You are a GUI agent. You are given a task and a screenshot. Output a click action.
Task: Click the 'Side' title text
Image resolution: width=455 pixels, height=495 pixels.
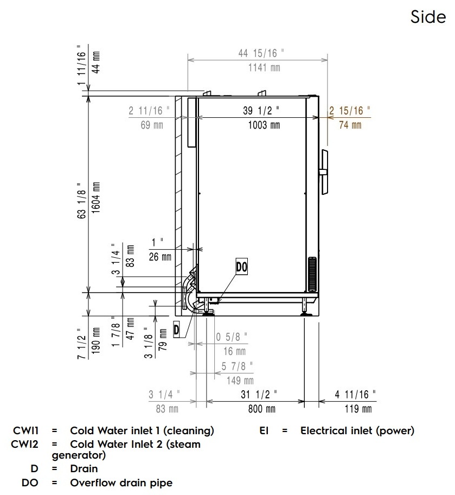(x=428, y=17)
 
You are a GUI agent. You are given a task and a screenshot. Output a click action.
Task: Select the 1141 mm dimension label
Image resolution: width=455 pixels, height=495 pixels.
(x=264, y=67)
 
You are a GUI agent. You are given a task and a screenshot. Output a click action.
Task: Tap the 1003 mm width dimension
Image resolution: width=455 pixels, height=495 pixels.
(x=264, y=125)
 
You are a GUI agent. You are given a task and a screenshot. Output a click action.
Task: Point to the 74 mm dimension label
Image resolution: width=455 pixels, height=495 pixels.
(x=350, y=125)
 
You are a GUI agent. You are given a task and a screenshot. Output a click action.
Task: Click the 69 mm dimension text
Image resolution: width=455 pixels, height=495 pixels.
(x=152, y=125)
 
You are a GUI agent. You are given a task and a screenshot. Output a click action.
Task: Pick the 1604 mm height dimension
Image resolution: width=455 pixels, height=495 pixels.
(x=95, y=198)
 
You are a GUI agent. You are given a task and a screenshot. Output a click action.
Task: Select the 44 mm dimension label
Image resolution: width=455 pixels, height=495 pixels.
(x=95, y=62)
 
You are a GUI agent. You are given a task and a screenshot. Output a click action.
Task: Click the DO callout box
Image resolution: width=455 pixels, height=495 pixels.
(x=242, y=266)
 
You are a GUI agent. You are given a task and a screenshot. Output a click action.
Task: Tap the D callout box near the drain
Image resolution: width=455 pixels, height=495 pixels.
(x=176, y=330)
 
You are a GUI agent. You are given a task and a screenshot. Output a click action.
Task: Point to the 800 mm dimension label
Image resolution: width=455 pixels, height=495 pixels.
(x=261, y=409)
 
